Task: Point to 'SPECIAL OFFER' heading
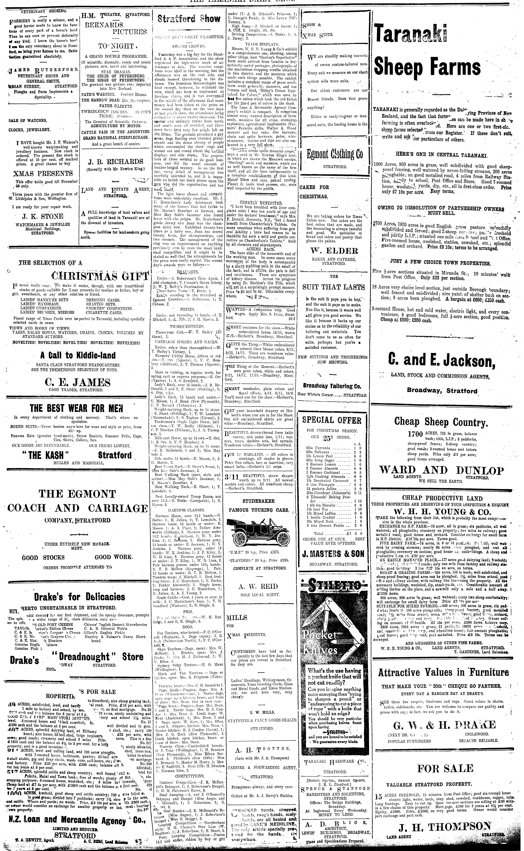coord(332,420)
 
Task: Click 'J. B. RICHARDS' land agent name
coord(115,162)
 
